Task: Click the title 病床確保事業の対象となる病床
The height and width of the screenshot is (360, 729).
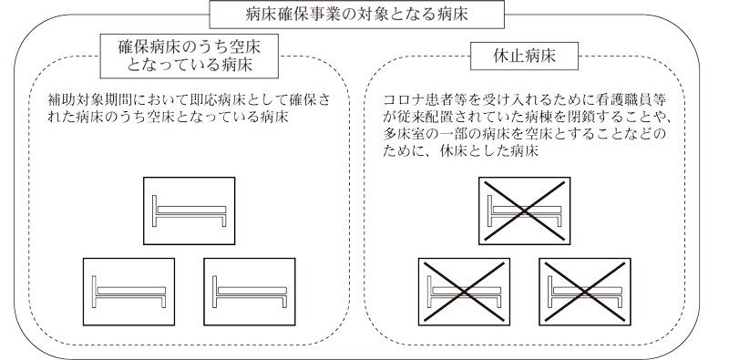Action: tap(364, 13)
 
